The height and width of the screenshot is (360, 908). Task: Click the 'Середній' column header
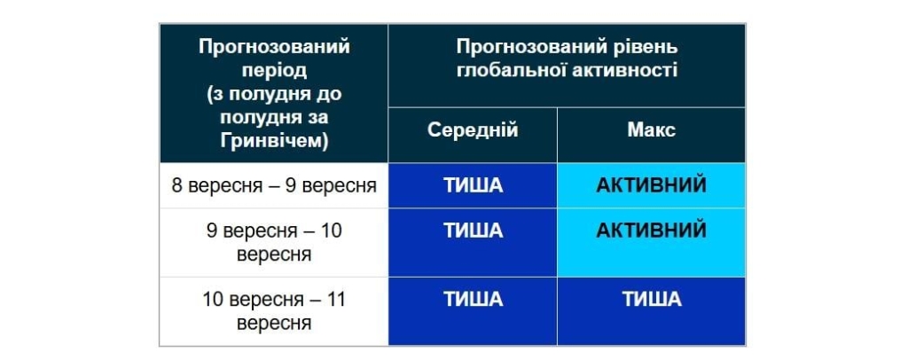pos(473,130)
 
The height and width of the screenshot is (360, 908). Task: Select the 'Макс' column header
pos(651,130)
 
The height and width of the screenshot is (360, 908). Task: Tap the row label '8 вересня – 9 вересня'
pos(274,186)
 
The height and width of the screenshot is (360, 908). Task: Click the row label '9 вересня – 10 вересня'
pos(274,242)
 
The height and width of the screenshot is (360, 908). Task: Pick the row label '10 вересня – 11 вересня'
pos(274,311)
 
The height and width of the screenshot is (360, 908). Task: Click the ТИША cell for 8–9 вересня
pos(473,186)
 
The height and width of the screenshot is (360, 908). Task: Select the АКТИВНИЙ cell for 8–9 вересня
pos(651,186)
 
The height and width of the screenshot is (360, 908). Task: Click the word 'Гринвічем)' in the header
pos(274,140)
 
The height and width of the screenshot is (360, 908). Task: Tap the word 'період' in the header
pos(274,71)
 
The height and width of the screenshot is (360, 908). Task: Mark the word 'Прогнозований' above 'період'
pos(274,47)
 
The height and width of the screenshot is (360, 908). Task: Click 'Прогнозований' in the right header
pos(518,47)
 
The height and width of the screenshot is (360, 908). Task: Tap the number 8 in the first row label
pos(177,186)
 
